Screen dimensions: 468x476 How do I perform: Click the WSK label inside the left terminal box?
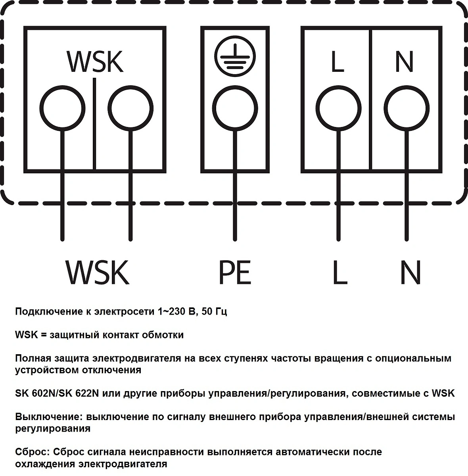(x=95, y=61)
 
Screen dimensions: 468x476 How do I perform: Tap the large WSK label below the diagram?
(x=97, y=272)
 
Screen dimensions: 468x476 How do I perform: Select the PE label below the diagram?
(x=235, y=272)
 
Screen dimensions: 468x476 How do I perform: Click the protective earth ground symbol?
(x=235, y=56)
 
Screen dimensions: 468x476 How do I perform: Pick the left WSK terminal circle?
(x=62, y=108)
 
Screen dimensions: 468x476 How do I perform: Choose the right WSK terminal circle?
(x=131, y=108)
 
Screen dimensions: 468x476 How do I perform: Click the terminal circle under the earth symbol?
(x=235, y=108)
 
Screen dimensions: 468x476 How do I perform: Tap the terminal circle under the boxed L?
(x=339, y=108)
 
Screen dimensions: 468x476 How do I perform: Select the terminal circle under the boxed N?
(x=407, y=108)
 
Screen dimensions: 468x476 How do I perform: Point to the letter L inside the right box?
(x=338, y=61)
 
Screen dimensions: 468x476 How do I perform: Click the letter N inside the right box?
(x=405, y=61)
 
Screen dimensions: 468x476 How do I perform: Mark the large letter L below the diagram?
(x=340, y=272)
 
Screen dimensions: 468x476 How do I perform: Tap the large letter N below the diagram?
(x=410, y=272)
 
